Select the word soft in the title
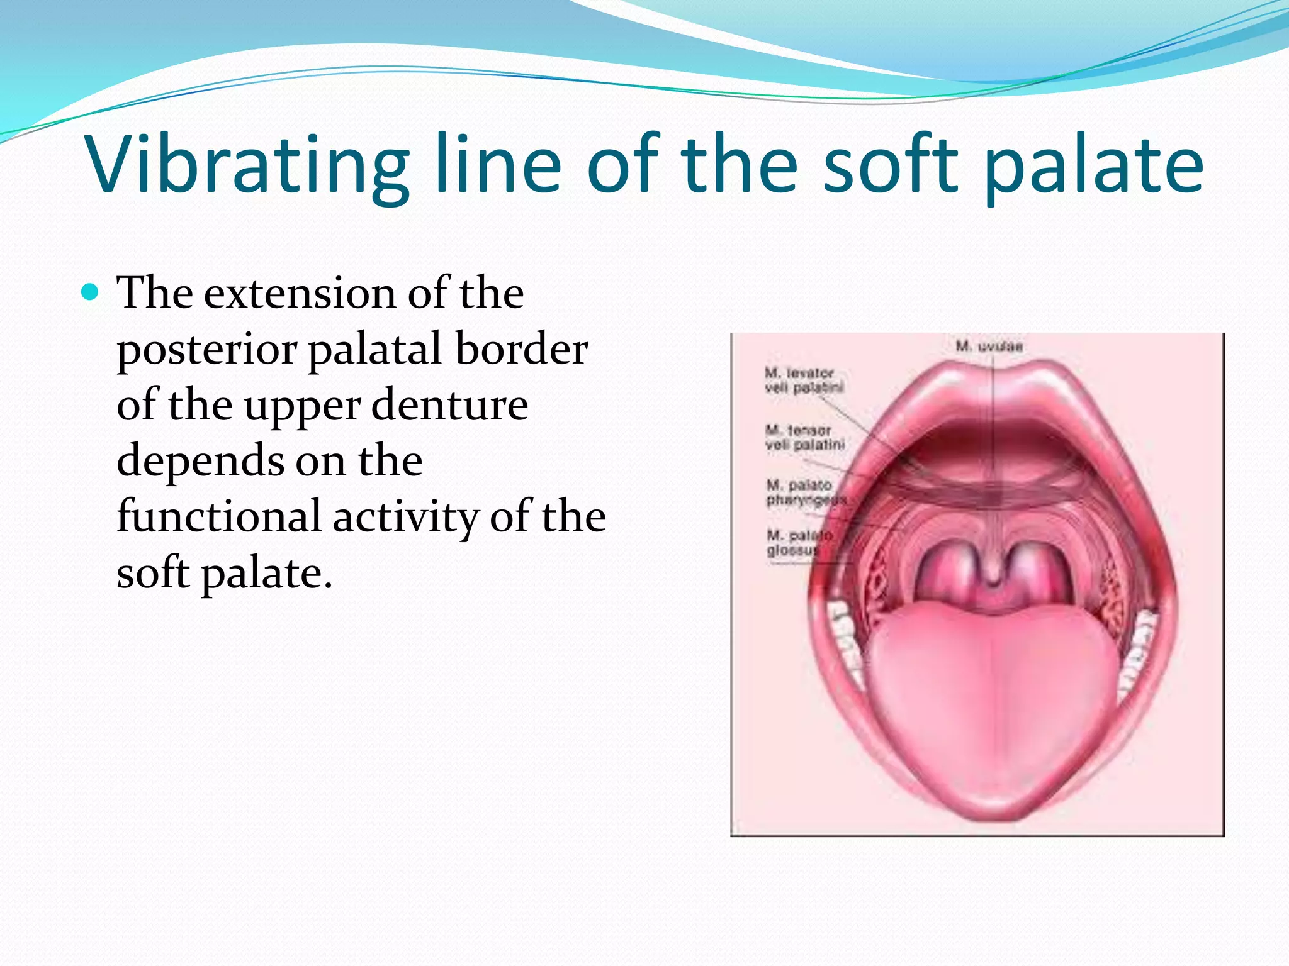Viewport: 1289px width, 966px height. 891,165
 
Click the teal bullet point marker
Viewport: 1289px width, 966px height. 91,293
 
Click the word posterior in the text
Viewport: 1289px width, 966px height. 207,350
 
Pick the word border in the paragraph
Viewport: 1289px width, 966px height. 522,350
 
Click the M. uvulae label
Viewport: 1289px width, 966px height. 989,346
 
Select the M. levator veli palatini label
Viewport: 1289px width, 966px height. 804,380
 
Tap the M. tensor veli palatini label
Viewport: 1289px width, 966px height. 804,438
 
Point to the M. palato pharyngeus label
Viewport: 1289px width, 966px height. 805,492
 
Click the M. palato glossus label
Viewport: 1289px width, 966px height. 798,543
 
